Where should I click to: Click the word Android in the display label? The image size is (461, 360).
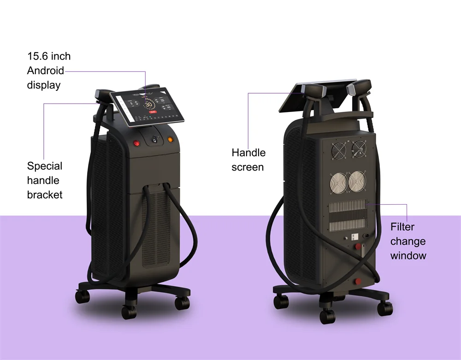point(45,71)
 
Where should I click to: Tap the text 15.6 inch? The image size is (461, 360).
point(49,56)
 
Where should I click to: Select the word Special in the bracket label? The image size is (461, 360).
point(44,166)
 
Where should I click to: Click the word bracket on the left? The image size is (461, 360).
point(44,195)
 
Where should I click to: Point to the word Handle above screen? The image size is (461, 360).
point(248,153)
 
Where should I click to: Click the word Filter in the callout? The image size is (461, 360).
point(402,227)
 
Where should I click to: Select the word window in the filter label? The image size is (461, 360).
point(408,255)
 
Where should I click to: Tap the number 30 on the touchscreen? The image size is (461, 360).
point(149,105)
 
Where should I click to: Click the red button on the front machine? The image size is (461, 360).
point(137,143)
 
